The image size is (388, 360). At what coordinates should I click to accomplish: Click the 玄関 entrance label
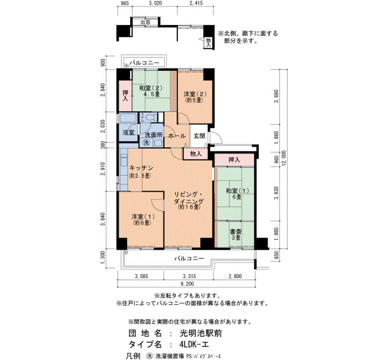[x=199, y=136]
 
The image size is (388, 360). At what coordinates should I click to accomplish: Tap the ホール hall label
[x=177, y=136]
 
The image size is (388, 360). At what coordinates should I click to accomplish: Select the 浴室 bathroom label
[x=129, y=132]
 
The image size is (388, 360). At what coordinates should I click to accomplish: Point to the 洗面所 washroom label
[x=154, y=135]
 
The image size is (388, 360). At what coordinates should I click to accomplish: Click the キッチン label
[x=141, y=168]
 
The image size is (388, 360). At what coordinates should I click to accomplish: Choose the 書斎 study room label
[x=236, y=232]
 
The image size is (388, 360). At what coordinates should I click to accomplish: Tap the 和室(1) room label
[x=237, y=191]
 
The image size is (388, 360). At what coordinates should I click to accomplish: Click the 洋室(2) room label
[x=195, y=94]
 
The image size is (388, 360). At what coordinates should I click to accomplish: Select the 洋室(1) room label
[x=143, y=217]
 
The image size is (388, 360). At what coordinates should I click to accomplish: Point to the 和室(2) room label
[x=150, y=88]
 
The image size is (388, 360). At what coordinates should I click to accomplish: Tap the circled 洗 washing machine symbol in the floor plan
[x=146, y=143]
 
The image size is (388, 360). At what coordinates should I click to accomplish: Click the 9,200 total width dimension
[x=187, y=284]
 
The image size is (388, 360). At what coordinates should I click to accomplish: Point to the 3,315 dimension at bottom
[x=189, y=276]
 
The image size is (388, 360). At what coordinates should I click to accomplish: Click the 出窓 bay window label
[x=145, y=22]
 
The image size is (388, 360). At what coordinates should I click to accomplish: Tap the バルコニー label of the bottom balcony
[x=189, y=259]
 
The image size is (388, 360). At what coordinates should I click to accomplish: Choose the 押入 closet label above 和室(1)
[x=234, y=160]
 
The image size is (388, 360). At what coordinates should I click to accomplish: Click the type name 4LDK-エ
[x=194, y=344]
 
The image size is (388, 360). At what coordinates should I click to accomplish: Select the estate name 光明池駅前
[x=201, y=333]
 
